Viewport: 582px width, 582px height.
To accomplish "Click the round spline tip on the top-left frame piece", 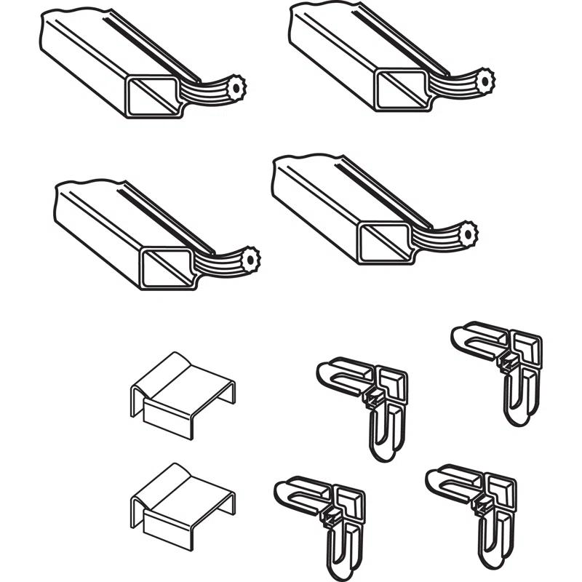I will (234, 89).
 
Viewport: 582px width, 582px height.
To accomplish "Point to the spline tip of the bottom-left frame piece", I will (250, 258).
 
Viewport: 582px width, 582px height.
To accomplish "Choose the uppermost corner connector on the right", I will (502, 364).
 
